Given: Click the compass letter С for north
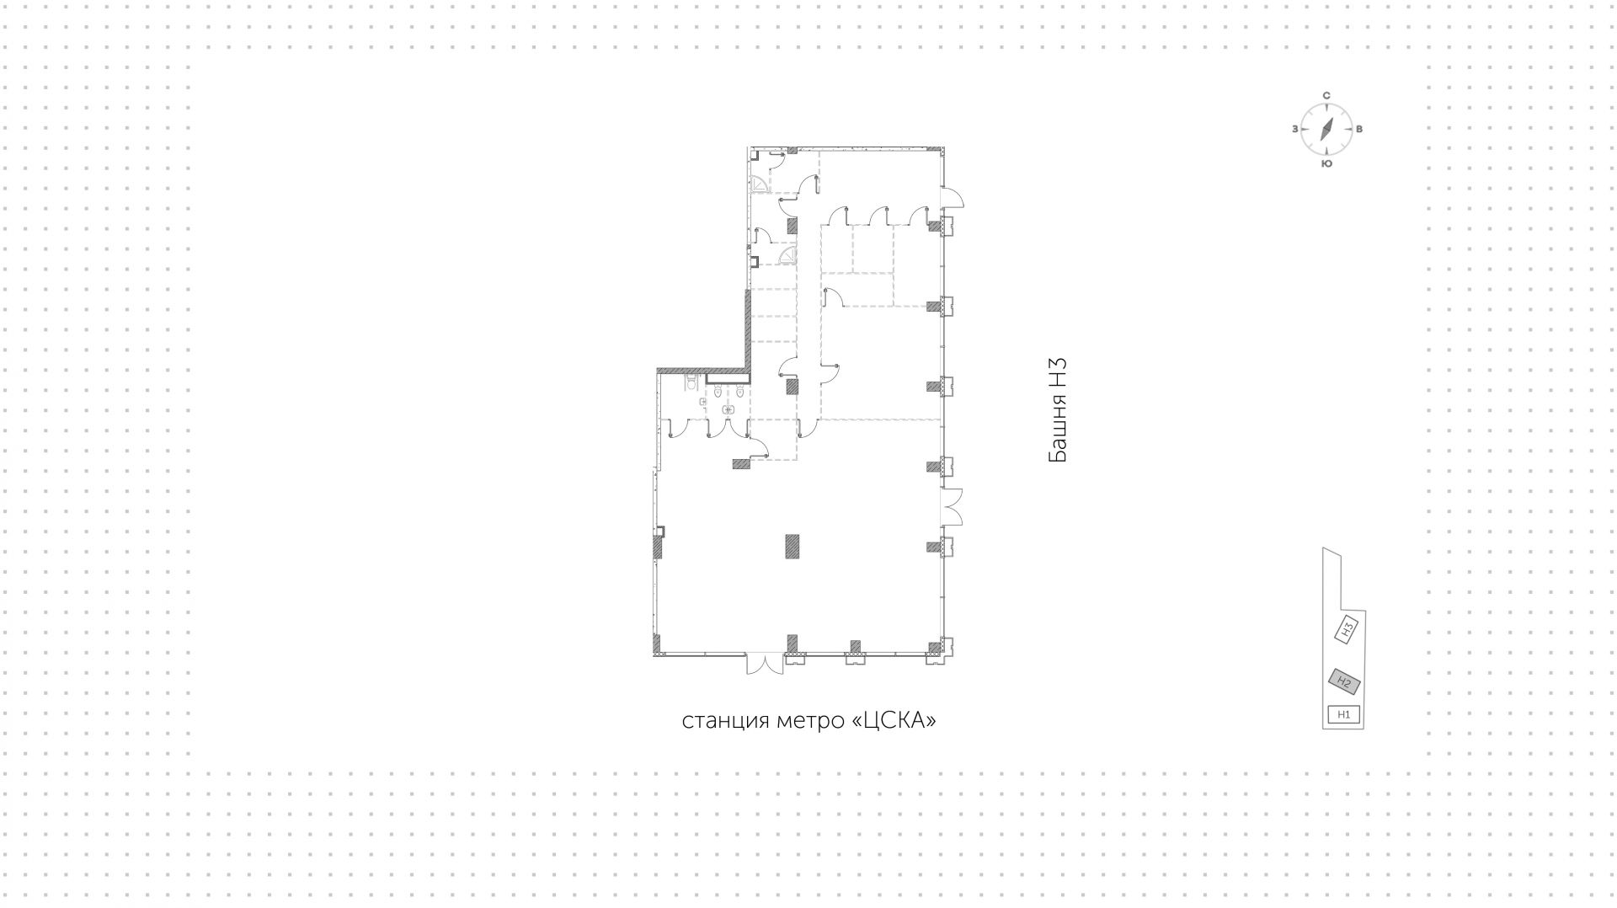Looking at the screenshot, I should point(1326,96).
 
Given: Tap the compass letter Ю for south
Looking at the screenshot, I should point(1326,163).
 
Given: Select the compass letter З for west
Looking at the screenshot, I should point(1294,130).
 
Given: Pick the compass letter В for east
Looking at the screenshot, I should point(1359,130).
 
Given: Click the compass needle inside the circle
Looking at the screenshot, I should point(1326,130).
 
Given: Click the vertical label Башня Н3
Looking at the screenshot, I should point(1058,410).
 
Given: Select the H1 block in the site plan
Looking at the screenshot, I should point(1344,715).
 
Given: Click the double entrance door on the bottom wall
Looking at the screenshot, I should point(766,665).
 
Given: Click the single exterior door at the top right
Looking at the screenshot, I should point(953,199).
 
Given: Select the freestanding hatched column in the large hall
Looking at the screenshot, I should point(792,546).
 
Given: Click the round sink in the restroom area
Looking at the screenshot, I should point(728,410).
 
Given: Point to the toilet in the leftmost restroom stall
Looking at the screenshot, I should point(691,384).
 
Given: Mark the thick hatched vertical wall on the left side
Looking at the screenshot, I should point(747,328).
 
